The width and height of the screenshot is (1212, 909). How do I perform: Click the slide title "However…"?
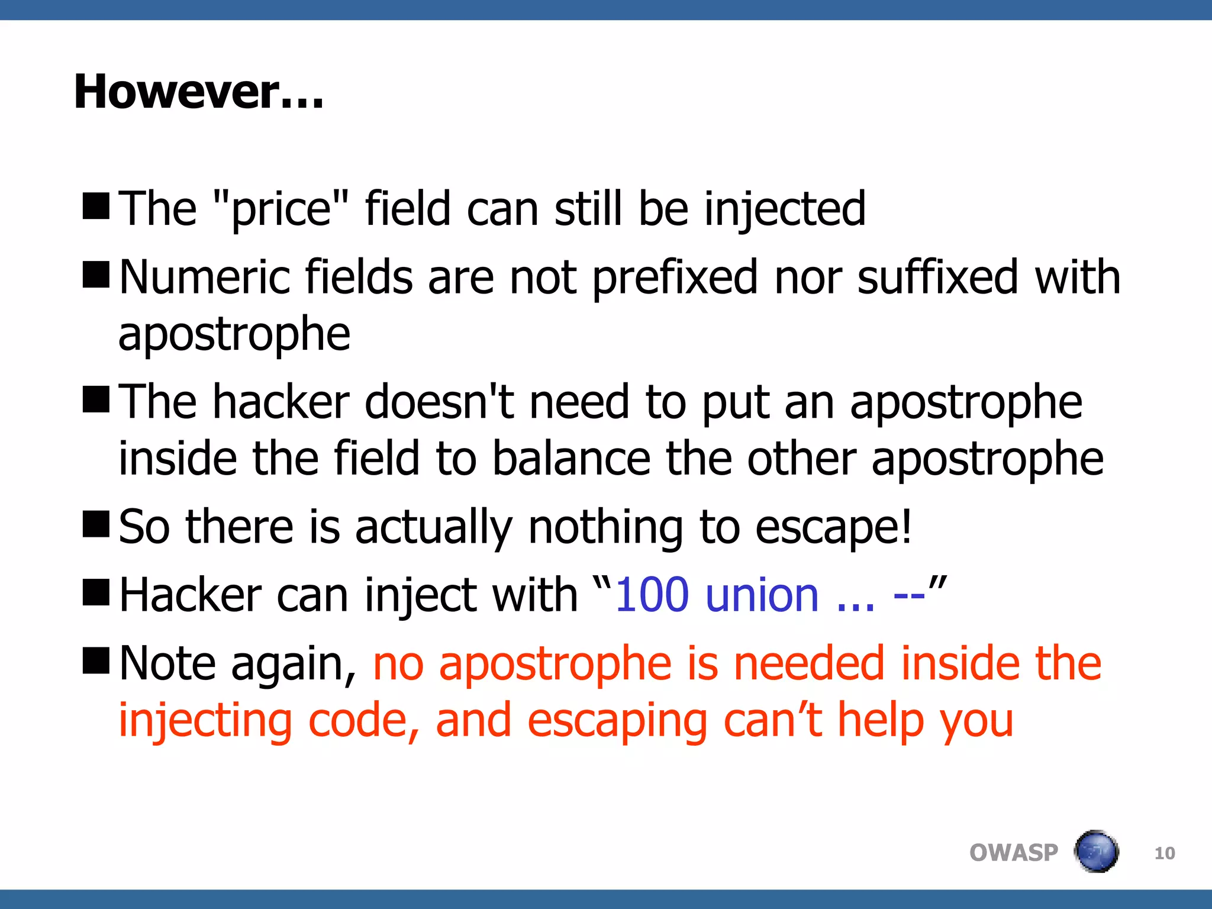pos(199,92)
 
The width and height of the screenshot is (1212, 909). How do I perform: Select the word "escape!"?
pos(834,527)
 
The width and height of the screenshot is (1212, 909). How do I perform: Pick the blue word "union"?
pos(763,595)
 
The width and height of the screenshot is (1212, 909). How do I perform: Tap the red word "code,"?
pos(364,720)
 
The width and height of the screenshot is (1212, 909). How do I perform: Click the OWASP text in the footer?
pos(1013,853)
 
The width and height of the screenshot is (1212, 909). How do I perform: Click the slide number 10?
pos(1165,853)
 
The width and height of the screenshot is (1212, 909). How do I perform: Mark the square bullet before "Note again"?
pos(96,660)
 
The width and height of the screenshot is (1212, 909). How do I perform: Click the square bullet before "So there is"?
pos(96,524)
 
